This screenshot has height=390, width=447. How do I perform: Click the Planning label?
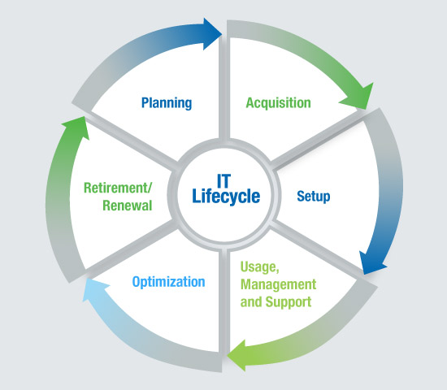click(x=167, y=103)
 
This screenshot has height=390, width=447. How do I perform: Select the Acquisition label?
click(x=278, y=103)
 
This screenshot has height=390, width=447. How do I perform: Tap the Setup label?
click(x=314, y=197)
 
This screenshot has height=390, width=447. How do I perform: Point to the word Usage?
click(x=260, y=267)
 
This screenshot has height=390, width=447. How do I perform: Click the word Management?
click(x=278, y=284)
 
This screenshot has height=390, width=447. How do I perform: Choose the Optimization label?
click(x=168, y=282)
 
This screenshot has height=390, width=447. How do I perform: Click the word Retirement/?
click(x=118, y=188)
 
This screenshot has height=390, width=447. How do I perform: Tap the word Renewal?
click(x=127, y=206)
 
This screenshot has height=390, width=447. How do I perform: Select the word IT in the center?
click(x=223, y=180)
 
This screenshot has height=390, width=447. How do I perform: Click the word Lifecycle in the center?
click(x=226, y=197)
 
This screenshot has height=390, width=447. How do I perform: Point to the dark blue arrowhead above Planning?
click(x=212, y=34)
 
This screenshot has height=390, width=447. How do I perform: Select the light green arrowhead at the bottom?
click(x=237, y=355)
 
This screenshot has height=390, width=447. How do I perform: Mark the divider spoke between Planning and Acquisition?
click(x=224, y=89)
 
